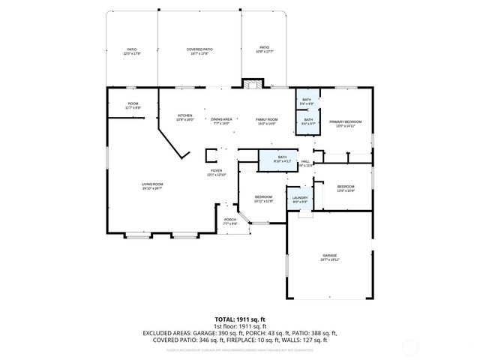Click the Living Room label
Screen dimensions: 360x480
tap(152, 186)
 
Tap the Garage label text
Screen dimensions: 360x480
tap(330, 257)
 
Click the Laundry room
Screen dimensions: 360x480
tap(300, 199)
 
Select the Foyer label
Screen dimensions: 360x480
tap(216, 172)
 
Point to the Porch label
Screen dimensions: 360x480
tap(230, 221)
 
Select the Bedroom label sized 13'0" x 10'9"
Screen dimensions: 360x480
tap(345, 188)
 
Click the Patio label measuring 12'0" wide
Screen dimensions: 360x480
tap(132, 51)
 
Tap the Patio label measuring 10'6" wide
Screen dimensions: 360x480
tap(264, 49)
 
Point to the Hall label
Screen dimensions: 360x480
tap(305, 163)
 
